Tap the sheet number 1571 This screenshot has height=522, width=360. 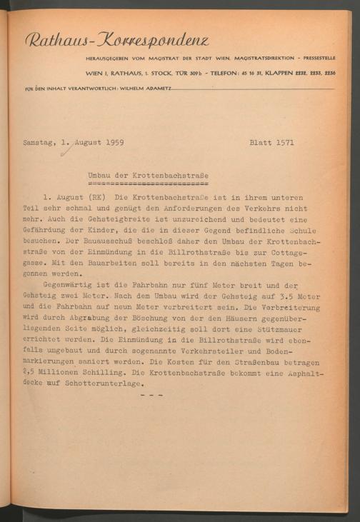tap(282, 143)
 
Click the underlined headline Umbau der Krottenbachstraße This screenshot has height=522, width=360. tap(148, 175)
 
